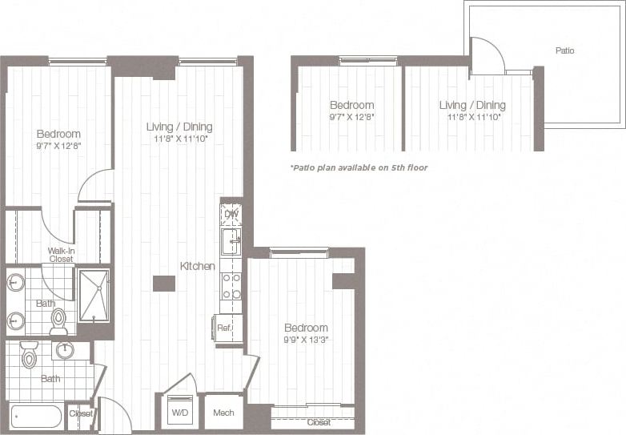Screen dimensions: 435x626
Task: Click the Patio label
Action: click(x=564, y=50)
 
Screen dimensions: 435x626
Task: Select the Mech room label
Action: click(x=223, y=414)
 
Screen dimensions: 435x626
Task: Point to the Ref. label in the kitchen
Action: click(x=224, y=327)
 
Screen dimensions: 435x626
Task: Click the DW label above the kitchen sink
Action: click(x=231, y=214)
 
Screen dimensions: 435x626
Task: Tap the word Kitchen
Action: click(x=197, y=266)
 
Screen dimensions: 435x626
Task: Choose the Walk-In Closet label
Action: click(x=61, y=255)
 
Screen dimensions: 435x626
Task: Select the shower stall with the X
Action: click(x=94, y=296)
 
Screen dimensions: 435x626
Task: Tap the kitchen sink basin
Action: click(x=231, y=240)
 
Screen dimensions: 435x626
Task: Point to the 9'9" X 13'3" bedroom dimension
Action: click(x=306, y=340)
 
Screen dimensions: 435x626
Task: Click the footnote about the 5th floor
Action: click(x=359, y=167)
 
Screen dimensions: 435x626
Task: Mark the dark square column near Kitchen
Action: click(x=164, y=283)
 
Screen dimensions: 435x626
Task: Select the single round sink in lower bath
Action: click(x=64, y=350)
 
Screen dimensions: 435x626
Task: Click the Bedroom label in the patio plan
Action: click(x=352, y=105)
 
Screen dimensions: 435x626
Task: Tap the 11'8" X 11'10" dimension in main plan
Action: click(x=179, y=139)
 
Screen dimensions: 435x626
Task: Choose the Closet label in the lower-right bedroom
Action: click(x=319, y=422)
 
